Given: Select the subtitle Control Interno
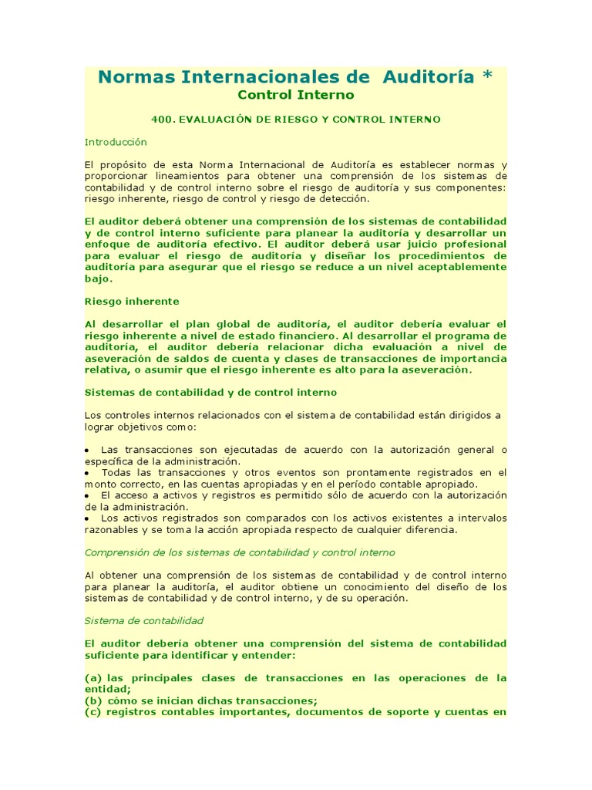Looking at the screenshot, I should pos(295,95).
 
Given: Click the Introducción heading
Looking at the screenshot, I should pos(116,142).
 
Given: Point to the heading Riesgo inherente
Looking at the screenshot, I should pos(132,301).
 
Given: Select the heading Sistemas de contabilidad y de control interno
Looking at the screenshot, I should pos(210,392).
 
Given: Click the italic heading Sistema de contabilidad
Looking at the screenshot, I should pos(144,620).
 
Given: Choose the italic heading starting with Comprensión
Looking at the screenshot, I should pos(240,552).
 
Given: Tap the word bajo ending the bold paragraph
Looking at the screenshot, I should pos(98,279).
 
